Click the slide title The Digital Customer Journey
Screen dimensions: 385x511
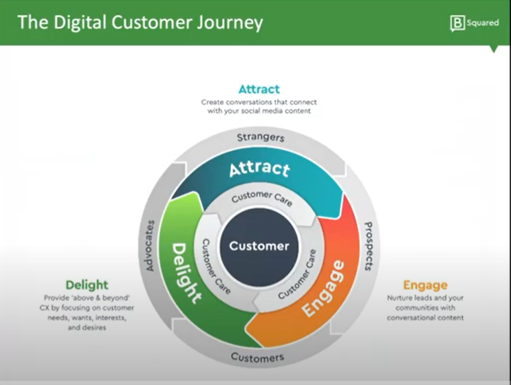click(140, 23)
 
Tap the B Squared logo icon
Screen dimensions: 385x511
click(457, 23)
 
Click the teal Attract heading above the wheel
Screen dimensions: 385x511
click(259, 89)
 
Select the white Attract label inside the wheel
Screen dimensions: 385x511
click(259, 168)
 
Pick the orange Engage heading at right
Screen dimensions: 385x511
click(425, 285)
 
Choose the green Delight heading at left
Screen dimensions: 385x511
click(87, 285)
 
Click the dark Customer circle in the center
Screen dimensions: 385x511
click(259, 246)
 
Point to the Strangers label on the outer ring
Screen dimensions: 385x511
click(260, 137)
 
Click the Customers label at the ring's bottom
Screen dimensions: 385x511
click(257, 357)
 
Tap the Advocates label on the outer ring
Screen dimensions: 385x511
click(151, 245)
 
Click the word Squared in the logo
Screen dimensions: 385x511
click(483, 23)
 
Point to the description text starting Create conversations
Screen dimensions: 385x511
click(259, 106)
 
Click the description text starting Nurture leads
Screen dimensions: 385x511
click(425, 308)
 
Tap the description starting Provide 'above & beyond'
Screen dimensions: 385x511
click(87, 313)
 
